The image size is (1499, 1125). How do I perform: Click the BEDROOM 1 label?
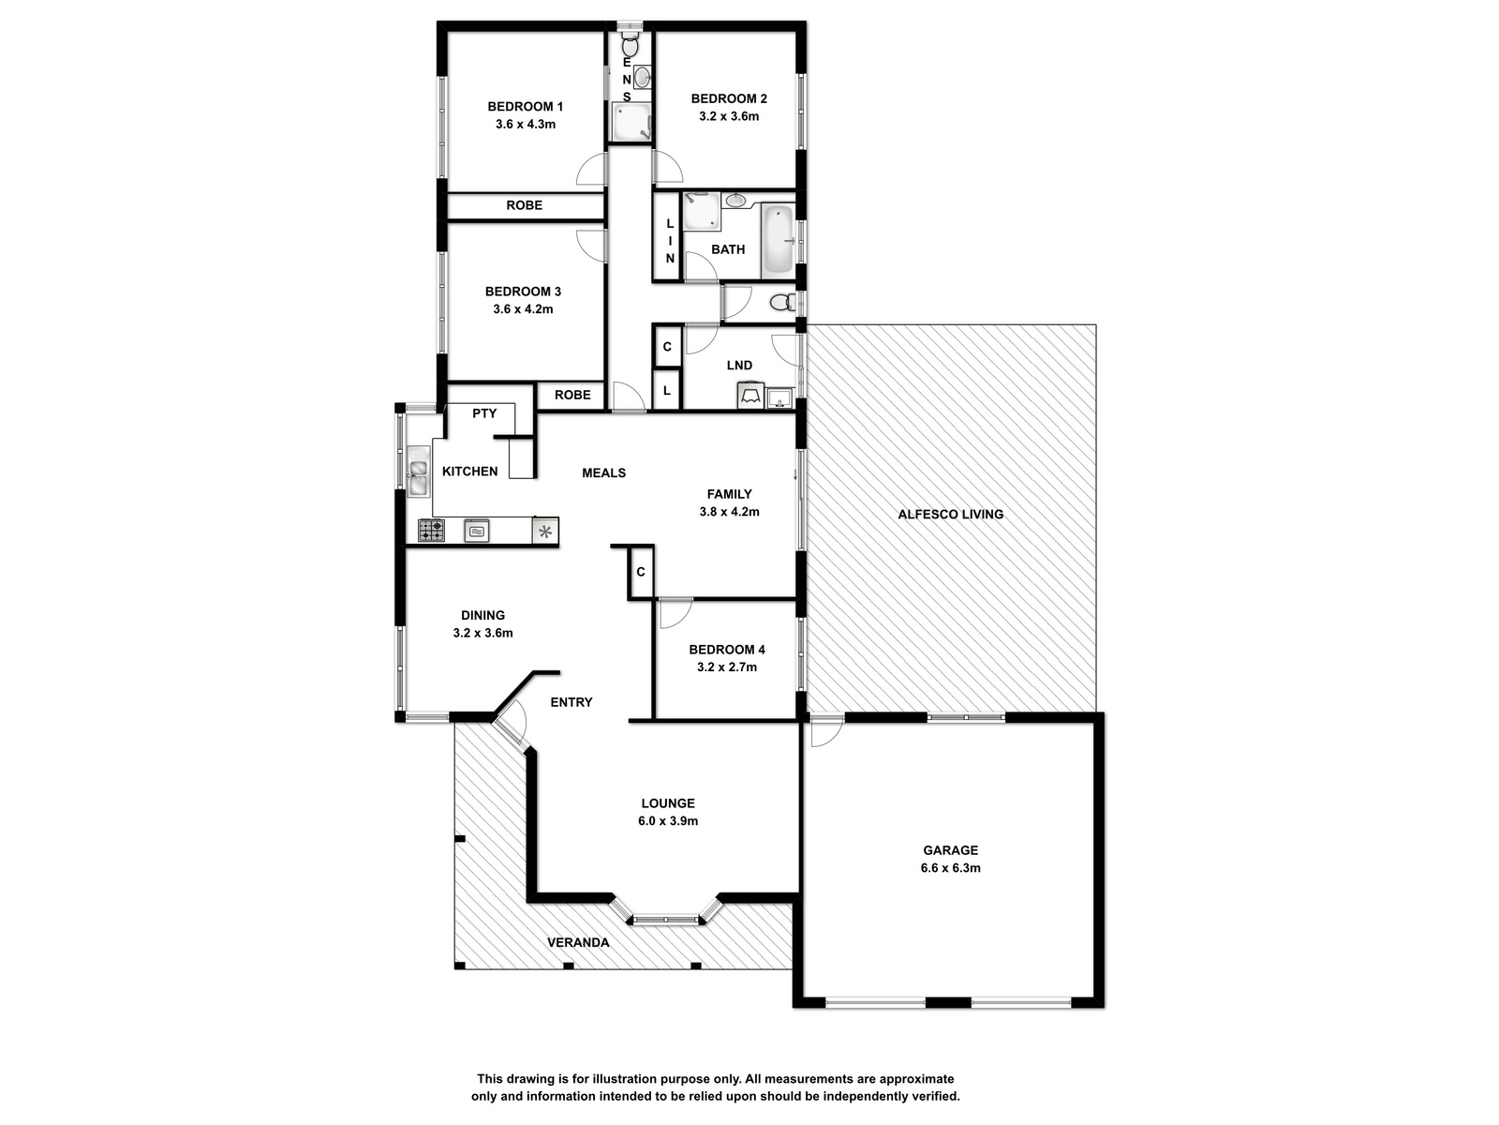[525, 107]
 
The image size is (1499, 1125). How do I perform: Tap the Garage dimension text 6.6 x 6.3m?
[950, 868]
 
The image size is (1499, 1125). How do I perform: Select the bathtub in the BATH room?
[778, 241]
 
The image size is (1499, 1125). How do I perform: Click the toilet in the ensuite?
[630, 45]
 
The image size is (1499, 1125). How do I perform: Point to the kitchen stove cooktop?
[431, 530]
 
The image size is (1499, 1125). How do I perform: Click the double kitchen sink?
[417, 471]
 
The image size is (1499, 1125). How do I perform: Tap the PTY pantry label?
[484, 413]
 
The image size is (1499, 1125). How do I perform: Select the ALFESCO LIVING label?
[951, 515]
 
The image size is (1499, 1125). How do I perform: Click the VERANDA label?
[578, 942]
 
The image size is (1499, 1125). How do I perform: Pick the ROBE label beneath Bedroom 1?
[524, 205]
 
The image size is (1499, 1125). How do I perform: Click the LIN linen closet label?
[670, 241]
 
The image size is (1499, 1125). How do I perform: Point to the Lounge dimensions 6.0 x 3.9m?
[668, 821]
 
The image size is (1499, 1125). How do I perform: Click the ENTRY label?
[571, 702]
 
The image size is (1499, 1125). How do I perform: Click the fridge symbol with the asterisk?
[545, 531]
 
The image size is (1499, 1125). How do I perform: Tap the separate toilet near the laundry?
[782, 301]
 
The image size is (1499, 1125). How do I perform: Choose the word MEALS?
[603, 472]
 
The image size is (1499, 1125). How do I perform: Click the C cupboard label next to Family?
[641, 572]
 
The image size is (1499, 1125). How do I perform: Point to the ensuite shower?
[631, 123]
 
